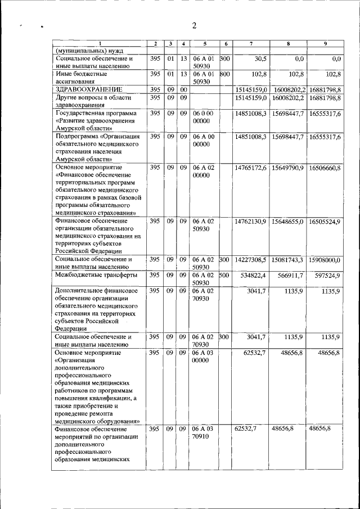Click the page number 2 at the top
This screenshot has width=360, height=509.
[x=193, y=25]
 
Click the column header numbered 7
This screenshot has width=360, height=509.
[x=250, y=44]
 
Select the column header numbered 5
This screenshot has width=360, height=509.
[x=205, y=44]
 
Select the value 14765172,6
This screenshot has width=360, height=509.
[x=250, y=168]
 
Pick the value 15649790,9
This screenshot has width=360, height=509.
[x=288, y=168]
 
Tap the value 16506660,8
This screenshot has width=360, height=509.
[x=325, y=168]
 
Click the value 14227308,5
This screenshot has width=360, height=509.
[x=250, y=260]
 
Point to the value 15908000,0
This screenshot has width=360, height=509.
[x=325, y=260]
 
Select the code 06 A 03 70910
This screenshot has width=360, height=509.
[x=204, y=433]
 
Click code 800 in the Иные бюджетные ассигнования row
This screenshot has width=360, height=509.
[x=224, y=74]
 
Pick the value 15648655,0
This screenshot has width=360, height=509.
[x=288, y=222]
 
